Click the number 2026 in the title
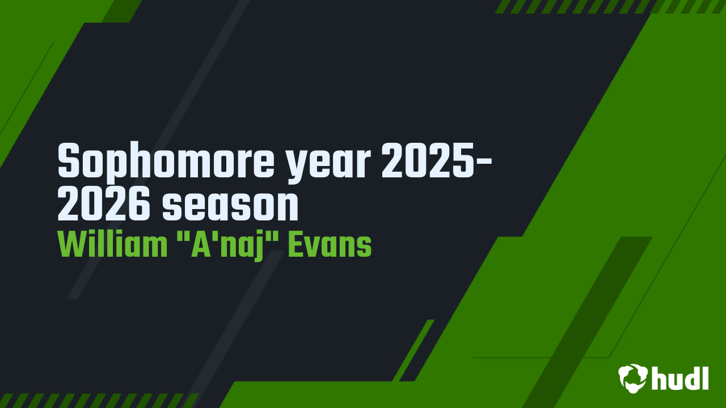point(104,204)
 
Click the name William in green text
point(112,245)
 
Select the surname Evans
point(330,245)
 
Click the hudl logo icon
point(632,379)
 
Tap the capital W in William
point(73,245)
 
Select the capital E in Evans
point(296,245)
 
